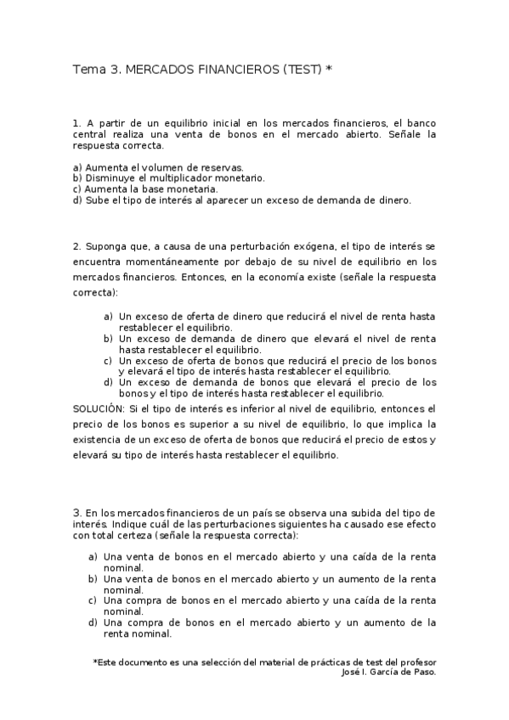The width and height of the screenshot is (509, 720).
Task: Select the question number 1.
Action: pos(76,123)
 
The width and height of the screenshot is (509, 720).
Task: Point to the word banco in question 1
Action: pos(422,123)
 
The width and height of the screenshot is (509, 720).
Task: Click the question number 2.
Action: pos(76,246)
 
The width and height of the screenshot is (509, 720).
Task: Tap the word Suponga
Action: pos(105,246)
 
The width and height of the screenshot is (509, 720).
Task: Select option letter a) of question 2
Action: pos(108,316)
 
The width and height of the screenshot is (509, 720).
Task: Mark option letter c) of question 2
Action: pos(108,360)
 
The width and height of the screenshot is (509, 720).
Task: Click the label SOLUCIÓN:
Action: pos(98,408)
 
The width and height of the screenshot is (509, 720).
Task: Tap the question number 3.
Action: pos(76,514)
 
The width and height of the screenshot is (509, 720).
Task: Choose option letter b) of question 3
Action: pos(93,578)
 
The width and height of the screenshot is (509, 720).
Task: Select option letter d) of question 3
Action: pos(93,622)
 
